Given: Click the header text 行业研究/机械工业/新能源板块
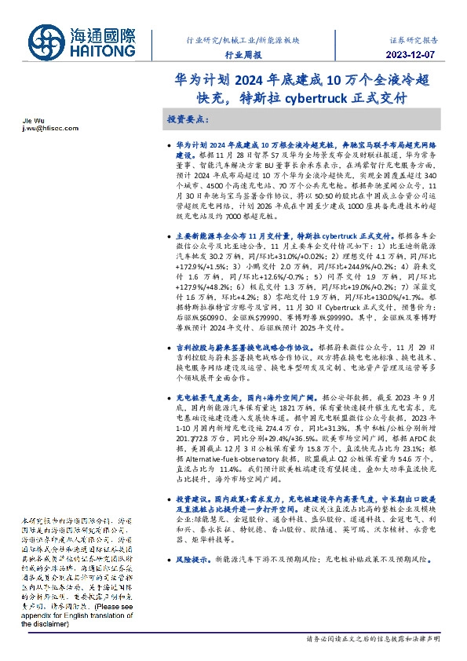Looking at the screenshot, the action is (x=242, y=38).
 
